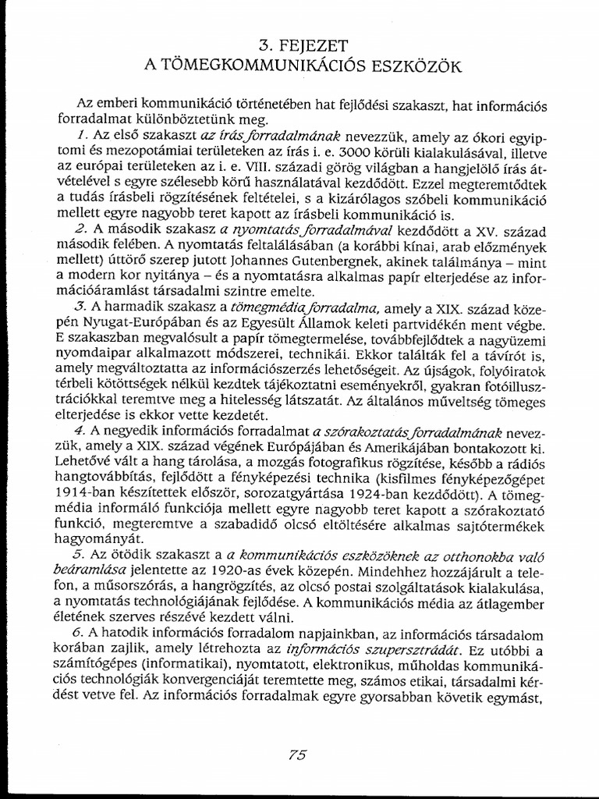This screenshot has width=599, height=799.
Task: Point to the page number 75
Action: (x=297, y=754)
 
